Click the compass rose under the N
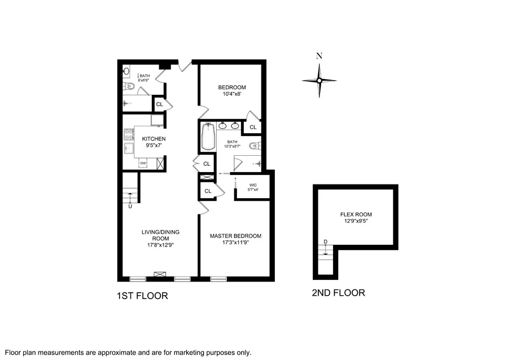pyautogui.click(x=319, y=81)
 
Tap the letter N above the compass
pyautogui.click(x=319, y=56)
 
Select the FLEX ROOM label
pyautogui.click(x=356, y=214)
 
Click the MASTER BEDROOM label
pyautogui.click(x=235, y=236)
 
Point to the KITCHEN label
pyautogui.click(x=154, y=139)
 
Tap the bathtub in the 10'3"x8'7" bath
pyautogui.click(x=207, y=138)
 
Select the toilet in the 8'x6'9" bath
pyautogui.click(x=129, y=86)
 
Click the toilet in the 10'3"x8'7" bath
pyautogui.click(x=255, y=146)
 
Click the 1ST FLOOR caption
pyautogui.click(x=142, y=296)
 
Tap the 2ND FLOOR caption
pyautogui.click(x=339, y=293)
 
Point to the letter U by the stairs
pyautogui.click(x=130, y=207)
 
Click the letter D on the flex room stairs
pyautogui.click(x=325, y=242)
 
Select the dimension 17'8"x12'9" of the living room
pyautogui.click(x=157, y=245)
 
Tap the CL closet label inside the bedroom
pyautogui.click(x=252, y=128)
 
